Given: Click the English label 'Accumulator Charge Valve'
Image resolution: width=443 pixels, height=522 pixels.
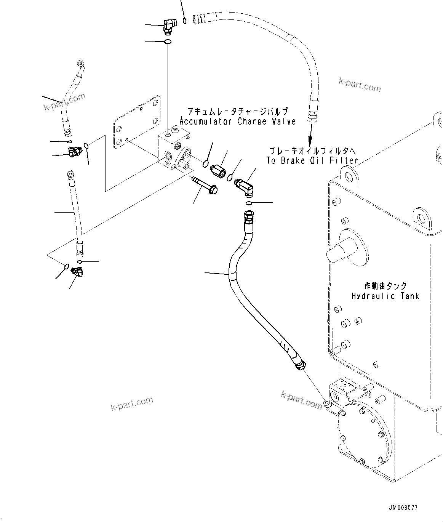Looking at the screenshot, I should click(237, 122).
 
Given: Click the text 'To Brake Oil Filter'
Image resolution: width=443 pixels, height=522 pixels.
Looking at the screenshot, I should click(312, 160).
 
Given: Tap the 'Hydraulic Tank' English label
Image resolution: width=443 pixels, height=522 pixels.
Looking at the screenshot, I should click(385, 296).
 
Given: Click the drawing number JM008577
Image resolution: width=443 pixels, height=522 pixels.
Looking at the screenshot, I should click(403, 508).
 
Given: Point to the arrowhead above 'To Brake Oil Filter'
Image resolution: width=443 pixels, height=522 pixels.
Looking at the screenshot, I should click(310, 139).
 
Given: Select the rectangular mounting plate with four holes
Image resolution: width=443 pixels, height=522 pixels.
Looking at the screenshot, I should click(136, 122).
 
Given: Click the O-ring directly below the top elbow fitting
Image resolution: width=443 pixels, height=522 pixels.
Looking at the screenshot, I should click(167, 41).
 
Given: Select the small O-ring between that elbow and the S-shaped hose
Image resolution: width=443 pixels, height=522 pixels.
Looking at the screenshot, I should click(248, 203).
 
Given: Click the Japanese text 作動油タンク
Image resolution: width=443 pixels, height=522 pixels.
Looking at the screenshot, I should click(385, 285).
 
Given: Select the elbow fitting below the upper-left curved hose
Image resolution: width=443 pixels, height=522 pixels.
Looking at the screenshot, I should click(74, 152).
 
